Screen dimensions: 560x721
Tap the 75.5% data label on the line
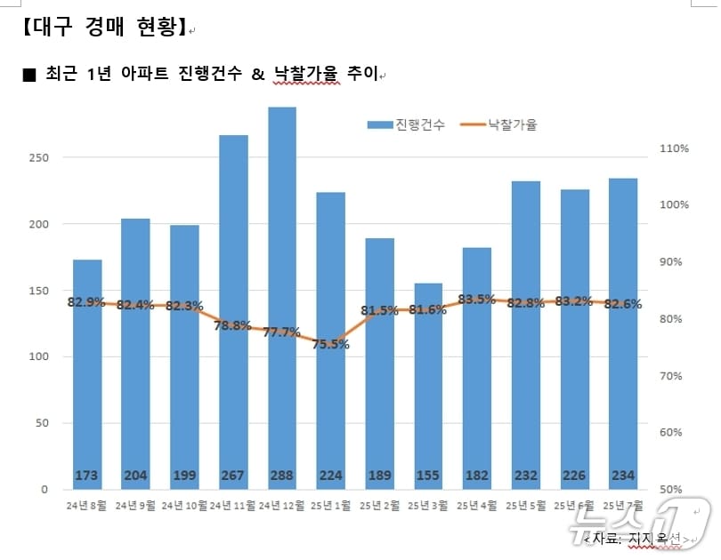(x=330, y=345)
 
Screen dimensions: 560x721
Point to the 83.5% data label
(x=477, y=300)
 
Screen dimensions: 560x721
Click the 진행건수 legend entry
(x=407, y=125)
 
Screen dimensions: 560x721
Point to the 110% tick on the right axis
(x=675, y=148)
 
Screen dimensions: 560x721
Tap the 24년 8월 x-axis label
(x=86, y=506)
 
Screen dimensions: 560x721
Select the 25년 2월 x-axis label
(x=379, y=506)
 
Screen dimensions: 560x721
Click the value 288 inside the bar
(x=282, y=476)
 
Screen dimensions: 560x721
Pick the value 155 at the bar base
(x=428, y=476)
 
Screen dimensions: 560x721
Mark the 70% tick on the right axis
(x=675, y=376)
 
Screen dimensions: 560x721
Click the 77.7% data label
(x=282, y=332)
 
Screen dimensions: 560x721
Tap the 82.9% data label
(x=86, y=302)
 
